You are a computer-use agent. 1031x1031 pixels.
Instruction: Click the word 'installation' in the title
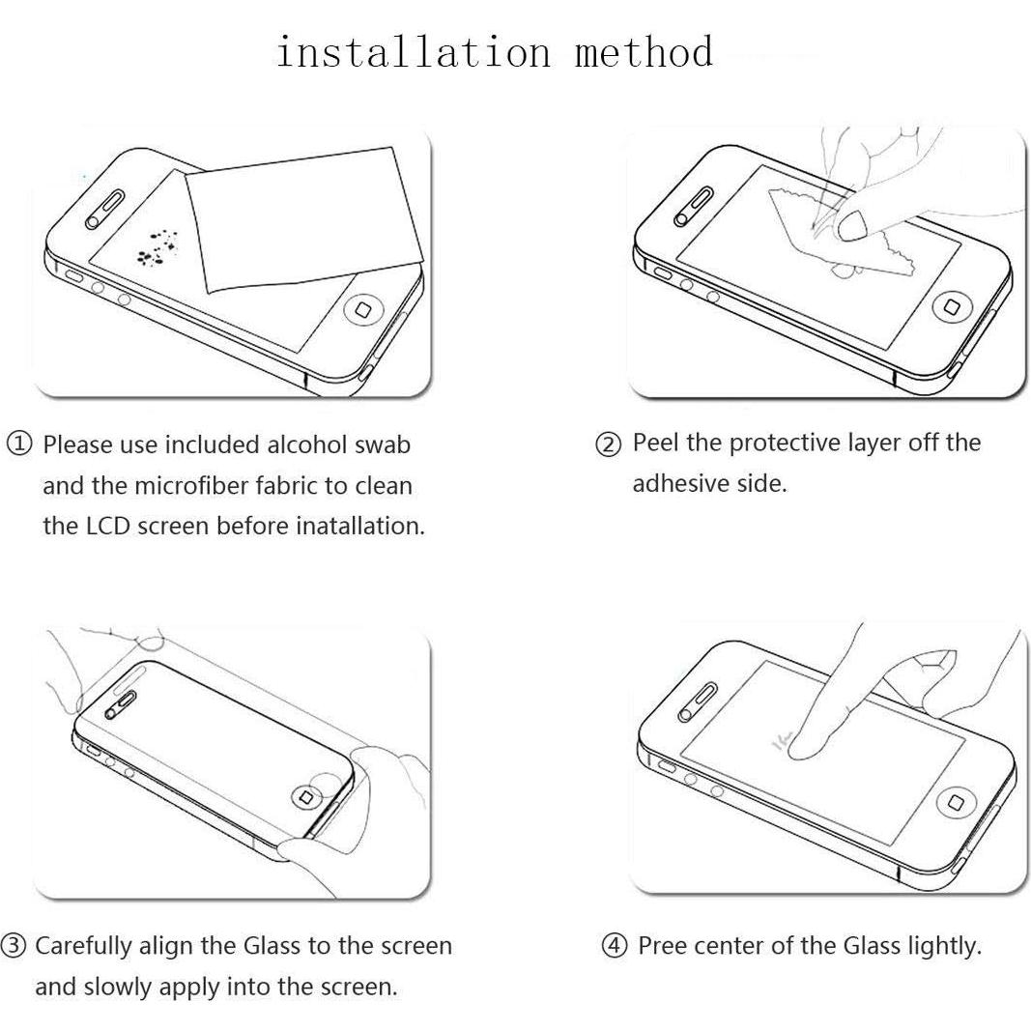point(413,52)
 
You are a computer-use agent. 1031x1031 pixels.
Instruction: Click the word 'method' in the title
point(644,52)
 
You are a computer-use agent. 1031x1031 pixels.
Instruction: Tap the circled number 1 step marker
point(20,444)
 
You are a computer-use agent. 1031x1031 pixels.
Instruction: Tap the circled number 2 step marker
point(608,444)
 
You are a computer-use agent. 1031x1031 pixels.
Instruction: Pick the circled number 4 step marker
point(615,946)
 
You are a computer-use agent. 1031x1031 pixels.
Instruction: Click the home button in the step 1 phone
point(364,309)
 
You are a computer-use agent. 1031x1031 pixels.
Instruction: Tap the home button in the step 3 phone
point(307,797)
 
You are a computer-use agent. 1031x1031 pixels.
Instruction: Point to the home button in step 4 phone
point(956,803)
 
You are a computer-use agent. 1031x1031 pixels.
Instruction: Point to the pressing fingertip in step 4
point(802,742)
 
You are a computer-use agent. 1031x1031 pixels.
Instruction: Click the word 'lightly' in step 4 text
point(943,945)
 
